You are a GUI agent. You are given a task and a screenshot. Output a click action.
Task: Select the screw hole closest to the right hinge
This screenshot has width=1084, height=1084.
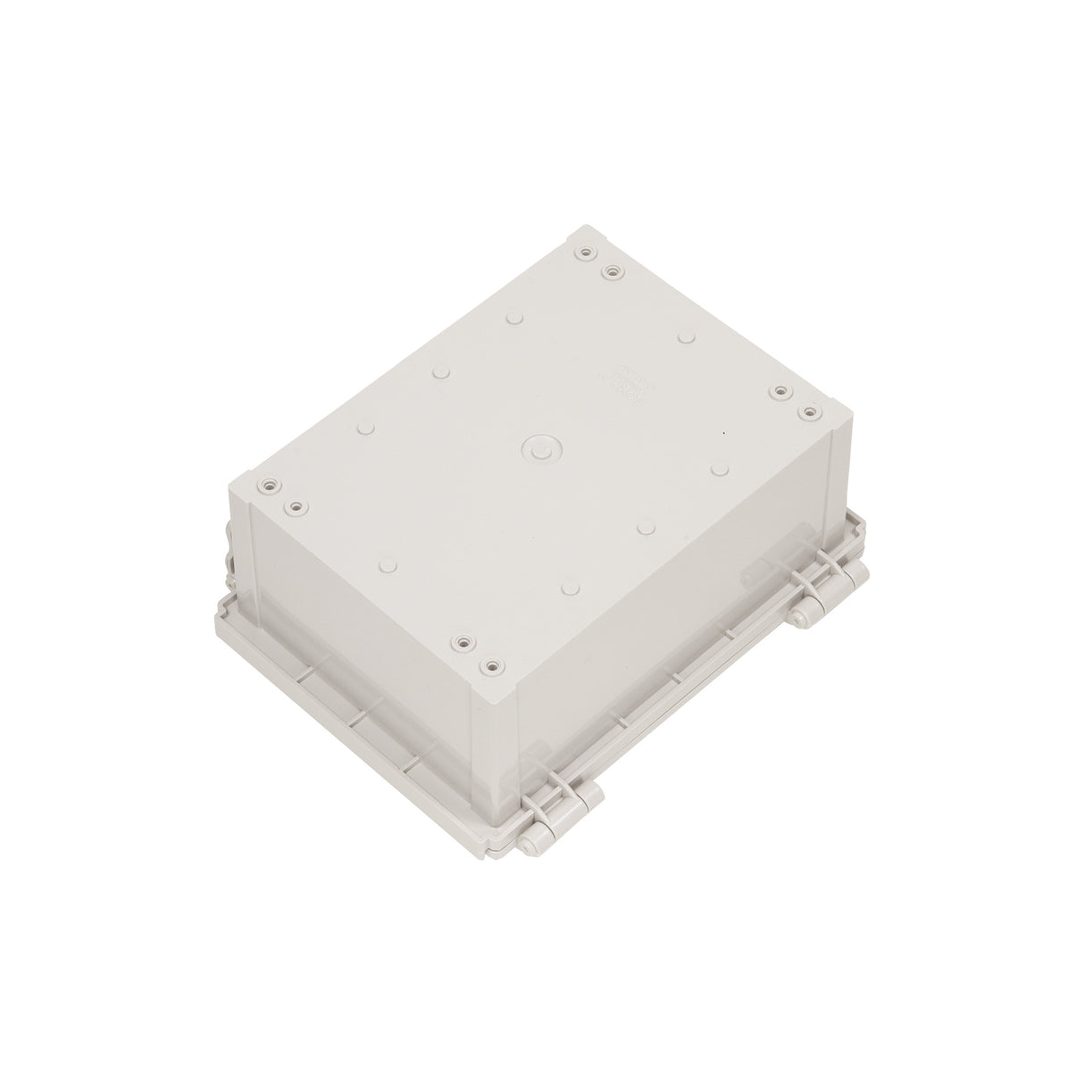[x=809, y=412]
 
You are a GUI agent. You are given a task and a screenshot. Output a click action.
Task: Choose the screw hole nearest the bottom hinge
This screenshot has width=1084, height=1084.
[x=489, y=666]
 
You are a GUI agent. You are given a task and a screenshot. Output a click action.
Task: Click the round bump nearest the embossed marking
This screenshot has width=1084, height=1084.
[x=685, y=337]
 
